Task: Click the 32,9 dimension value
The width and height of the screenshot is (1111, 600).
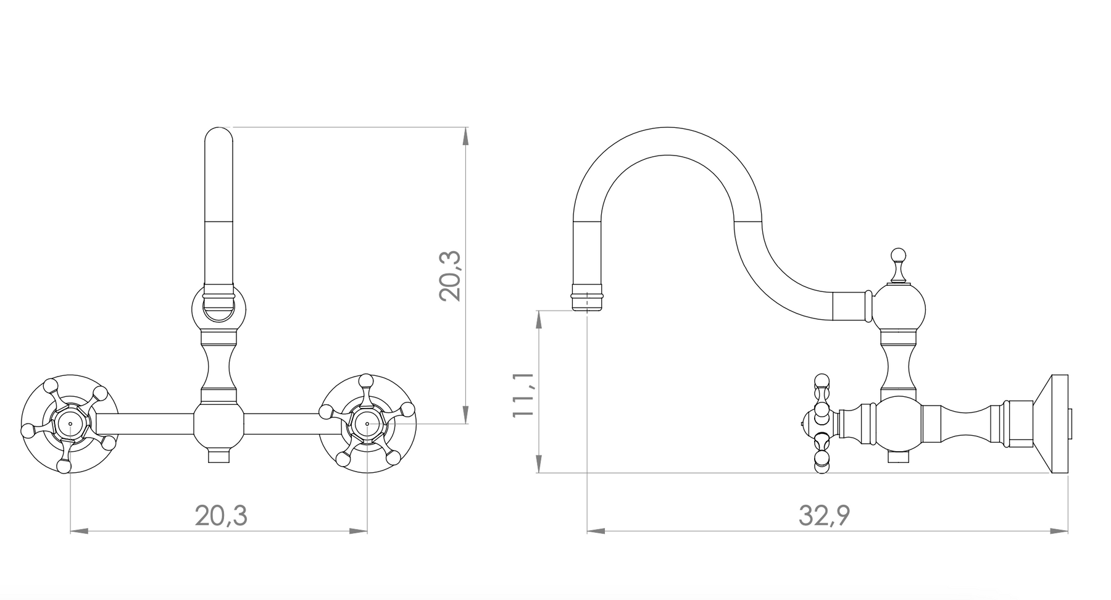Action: pyautogui.click(x=825, y=515)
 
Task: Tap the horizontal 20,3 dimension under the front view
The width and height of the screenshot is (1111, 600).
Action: pyautogui.click(x=221, y=515)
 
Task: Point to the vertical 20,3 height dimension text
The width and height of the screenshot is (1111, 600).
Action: pyautogui.click(x=451, y=275)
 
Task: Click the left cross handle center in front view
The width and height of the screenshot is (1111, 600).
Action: pyautogui.click(x=70, y=423)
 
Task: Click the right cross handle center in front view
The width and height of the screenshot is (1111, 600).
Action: pyautogui.click(x=368, y=423)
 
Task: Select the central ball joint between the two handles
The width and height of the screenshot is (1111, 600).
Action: pyautogui.click(x=219, y=425)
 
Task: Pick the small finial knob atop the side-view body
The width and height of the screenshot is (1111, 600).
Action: pyautogui.click(x=898, y=256)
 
